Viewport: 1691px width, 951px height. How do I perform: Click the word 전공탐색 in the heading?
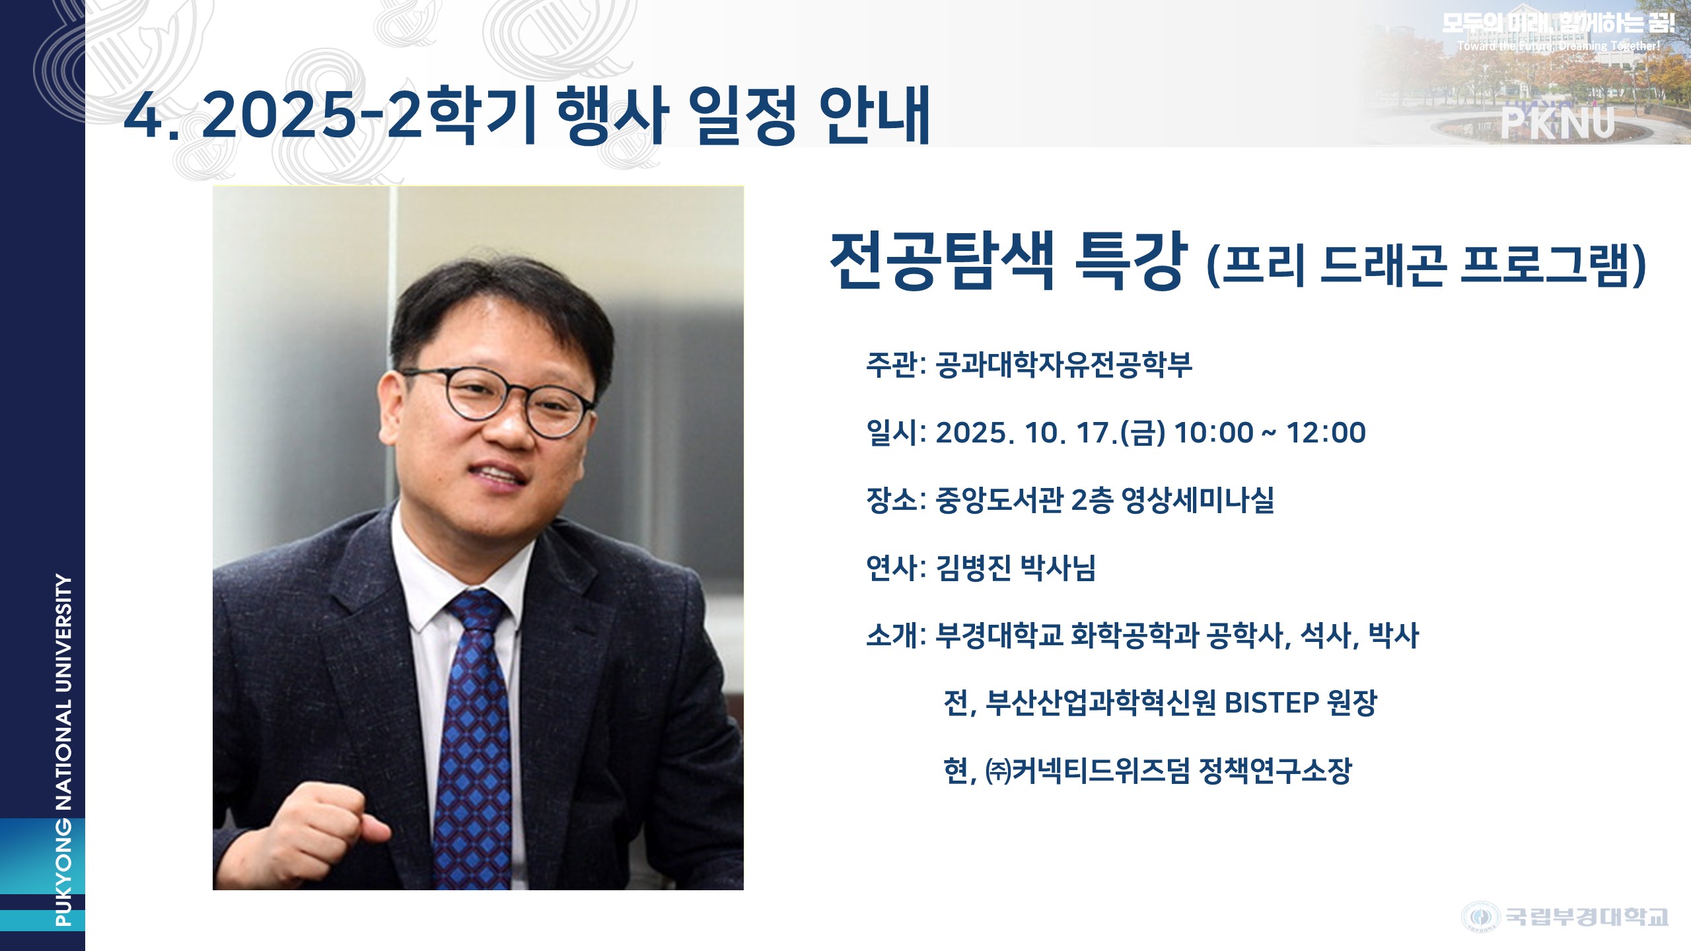click(x=942, y=260)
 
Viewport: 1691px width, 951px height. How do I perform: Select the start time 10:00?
click(x=1213, y=433)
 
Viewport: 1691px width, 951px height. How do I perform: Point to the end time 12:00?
click(x=1326, y=433)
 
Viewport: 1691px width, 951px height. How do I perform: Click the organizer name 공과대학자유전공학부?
click(x=1064, y=365)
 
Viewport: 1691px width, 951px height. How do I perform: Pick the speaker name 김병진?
click(x=974, y=568)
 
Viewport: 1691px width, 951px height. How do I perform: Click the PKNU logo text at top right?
click(x=1558, y=123)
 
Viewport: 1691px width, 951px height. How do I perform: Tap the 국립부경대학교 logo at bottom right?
click(x=1565, y=917)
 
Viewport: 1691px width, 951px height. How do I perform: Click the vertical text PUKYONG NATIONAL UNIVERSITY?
click(x=63, y=750)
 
